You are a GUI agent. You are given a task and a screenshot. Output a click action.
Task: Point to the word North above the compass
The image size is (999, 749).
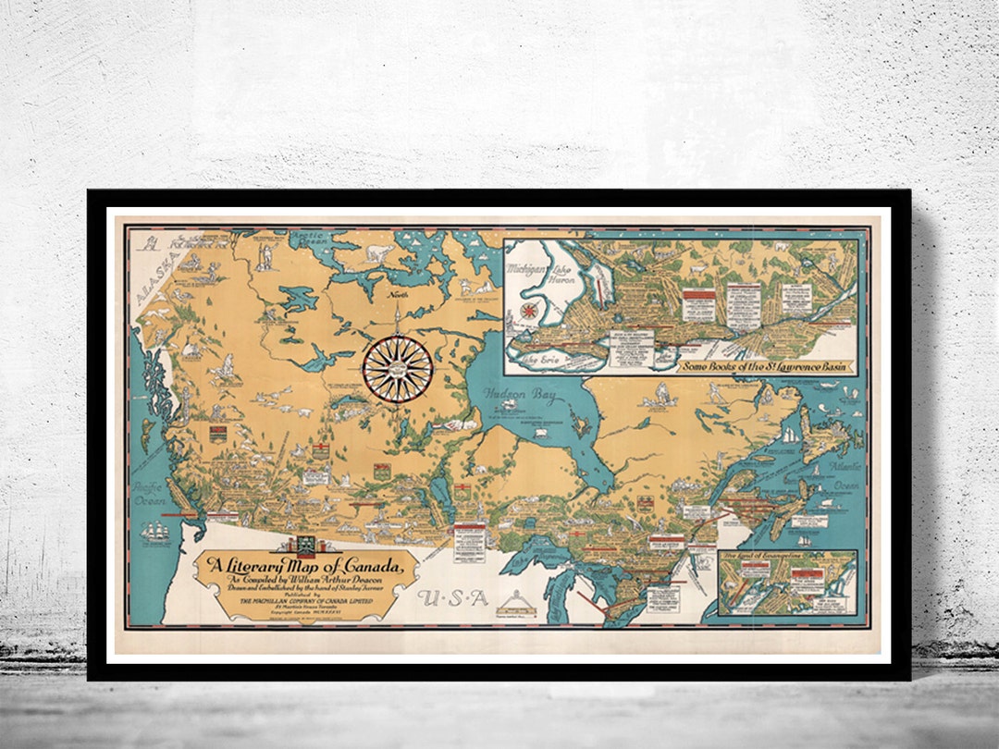coord(398,297)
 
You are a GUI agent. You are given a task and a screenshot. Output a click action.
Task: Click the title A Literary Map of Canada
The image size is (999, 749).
coord(303,567)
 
